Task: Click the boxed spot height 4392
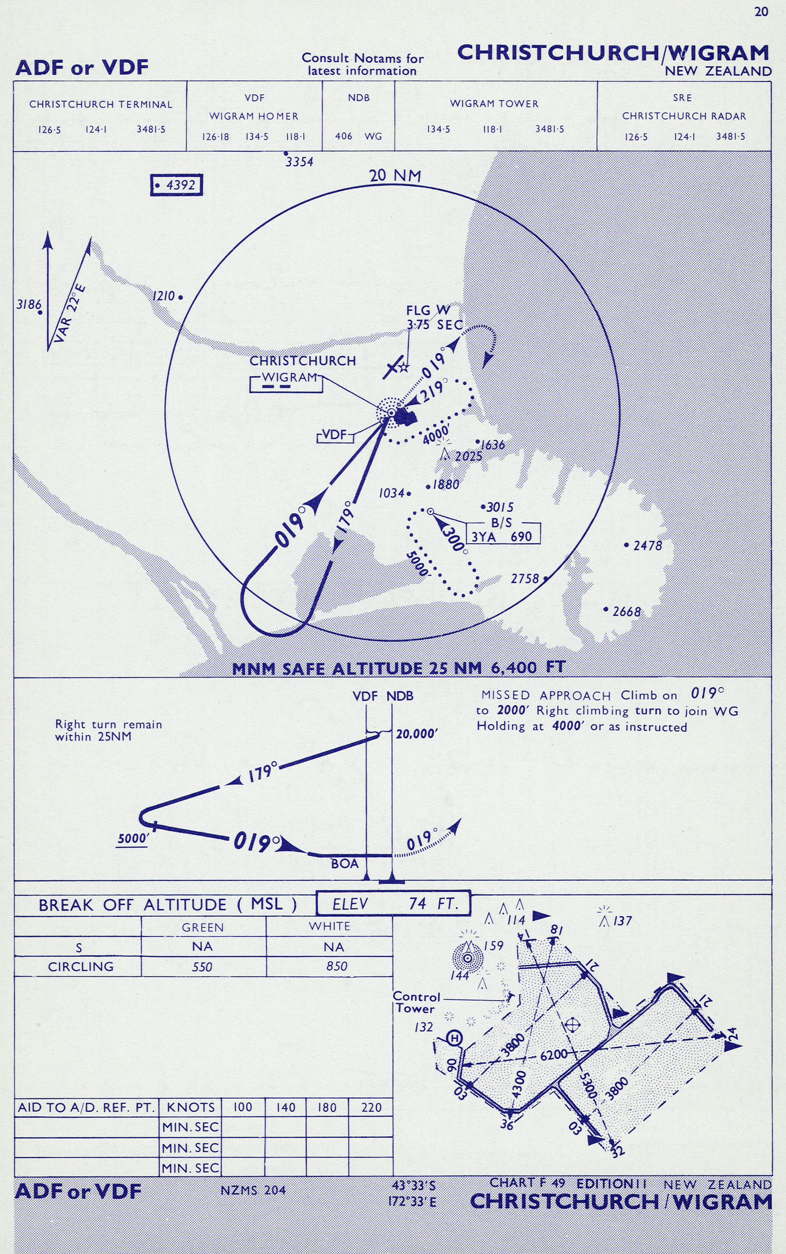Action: pyautogui.click(x=176, y=185)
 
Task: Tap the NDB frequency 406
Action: pyautogui.click(x=343, y=137)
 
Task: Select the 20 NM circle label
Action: pyautogui.click(x=395, y=176)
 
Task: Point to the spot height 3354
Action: pyautogui.click(x=299, y=162)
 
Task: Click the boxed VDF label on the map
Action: pyautogui.click(x=334, y=435)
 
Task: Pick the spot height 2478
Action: pyautogui.click(x=647, y=546)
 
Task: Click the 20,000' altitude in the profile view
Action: pyautogui.click(x=416, y=734)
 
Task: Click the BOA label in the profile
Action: pyautogui.click(x=345, y=864)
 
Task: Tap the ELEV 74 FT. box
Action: pyautogui.click(x=394, y=903)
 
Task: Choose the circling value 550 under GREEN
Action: pyautogui.click(x=202, y=967)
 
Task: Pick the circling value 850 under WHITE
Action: pyautogui.click(x=336, y=966)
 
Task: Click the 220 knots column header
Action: pyautogui.click(x=371, y=1107)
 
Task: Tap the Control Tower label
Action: pyautogui.click(x=416, y=1002)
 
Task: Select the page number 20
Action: pyautogui.click(x=761, y=11)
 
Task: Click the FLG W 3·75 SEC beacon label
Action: pyautogui.click(x=434, y=318)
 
